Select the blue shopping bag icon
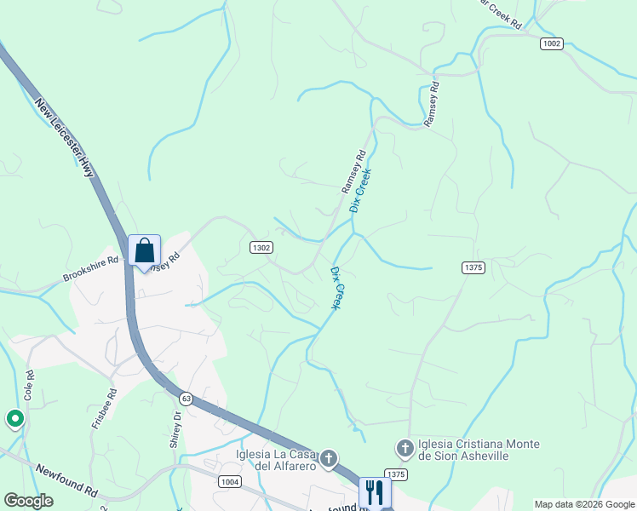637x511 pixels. coord(144,251)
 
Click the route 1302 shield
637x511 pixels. coord(261,247)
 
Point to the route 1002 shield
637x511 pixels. coord(551,43)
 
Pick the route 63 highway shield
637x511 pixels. coord(185,398)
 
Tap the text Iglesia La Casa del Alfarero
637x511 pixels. coord(277,460)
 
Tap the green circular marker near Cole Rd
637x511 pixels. coord(14,418)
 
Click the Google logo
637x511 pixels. coord(28,501)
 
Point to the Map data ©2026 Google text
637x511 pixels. coord(583,504)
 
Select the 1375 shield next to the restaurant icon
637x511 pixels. coord(395,474)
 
